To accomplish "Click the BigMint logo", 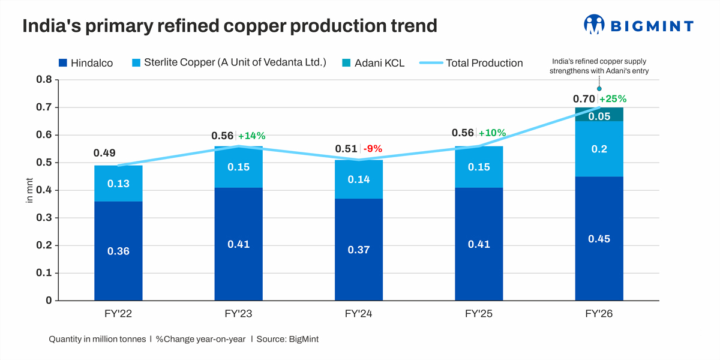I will pos(638,25).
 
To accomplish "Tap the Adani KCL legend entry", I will pos(373,62).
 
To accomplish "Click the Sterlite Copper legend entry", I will pos(227,62).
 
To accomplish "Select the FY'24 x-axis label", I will pos(359,314).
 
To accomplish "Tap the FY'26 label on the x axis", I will pos(599,314).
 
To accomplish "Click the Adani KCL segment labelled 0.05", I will pos(599,116).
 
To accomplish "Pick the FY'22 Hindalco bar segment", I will pos(118,251).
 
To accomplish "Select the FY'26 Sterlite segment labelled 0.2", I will pos(599,149).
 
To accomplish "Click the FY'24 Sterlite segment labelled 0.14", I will pos(359,179).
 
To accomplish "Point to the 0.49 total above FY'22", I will pos(104,153).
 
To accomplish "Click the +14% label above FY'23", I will pos(252,136).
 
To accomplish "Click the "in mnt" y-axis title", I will pos(30,191).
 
